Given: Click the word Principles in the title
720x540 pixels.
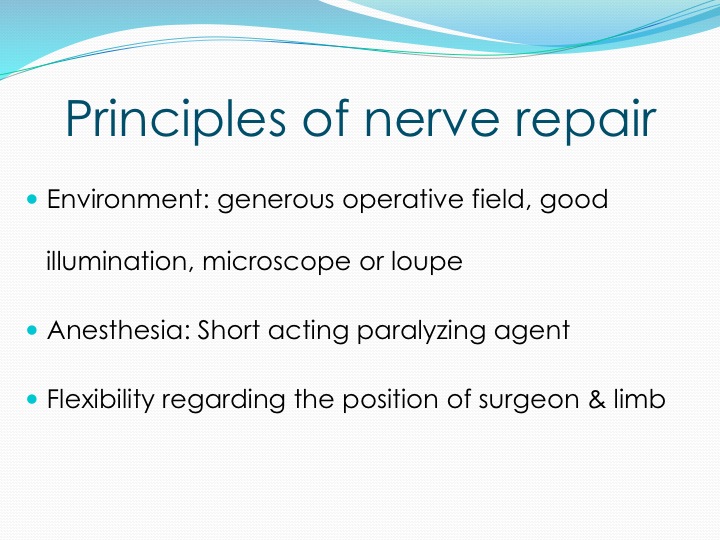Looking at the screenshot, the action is [175, 119].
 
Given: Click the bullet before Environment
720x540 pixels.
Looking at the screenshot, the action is [32, 198].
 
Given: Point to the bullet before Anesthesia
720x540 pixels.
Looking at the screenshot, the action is [32, 330].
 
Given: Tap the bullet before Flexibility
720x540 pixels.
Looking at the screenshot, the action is [32, 399].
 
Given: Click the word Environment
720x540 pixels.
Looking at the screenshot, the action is [128, 199].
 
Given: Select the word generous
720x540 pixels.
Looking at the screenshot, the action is [276, 202].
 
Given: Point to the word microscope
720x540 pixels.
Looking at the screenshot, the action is [276, 263].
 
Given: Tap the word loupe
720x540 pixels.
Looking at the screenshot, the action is [427, 263].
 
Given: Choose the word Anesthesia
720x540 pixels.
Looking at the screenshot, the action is [118, 330].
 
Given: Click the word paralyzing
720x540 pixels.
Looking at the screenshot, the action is [421, 332].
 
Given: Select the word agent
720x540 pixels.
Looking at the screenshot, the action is [532, 333].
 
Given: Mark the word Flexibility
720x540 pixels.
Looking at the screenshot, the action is [101, 400].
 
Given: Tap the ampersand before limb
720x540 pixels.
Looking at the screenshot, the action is [597, 399].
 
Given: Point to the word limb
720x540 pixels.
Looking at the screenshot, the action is [640, 398].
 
